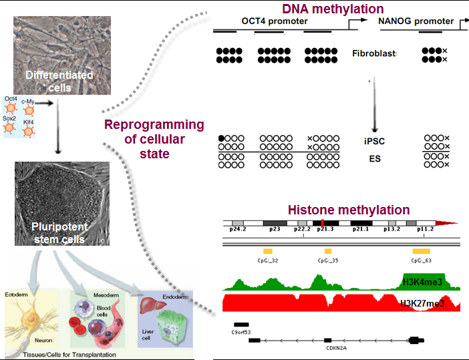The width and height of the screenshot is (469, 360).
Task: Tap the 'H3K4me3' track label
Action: pos(424,281)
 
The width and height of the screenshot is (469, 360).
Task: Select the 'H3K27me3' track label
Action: pos(422,304)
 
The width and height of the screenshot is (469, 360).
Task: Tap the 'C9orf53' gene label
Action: pos(241,332)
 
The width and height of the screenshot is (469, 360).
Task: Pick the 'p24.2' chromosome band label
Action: pos(239,229)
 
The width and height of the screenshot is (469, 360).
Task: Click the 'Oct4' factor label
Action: pos(11,99)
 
